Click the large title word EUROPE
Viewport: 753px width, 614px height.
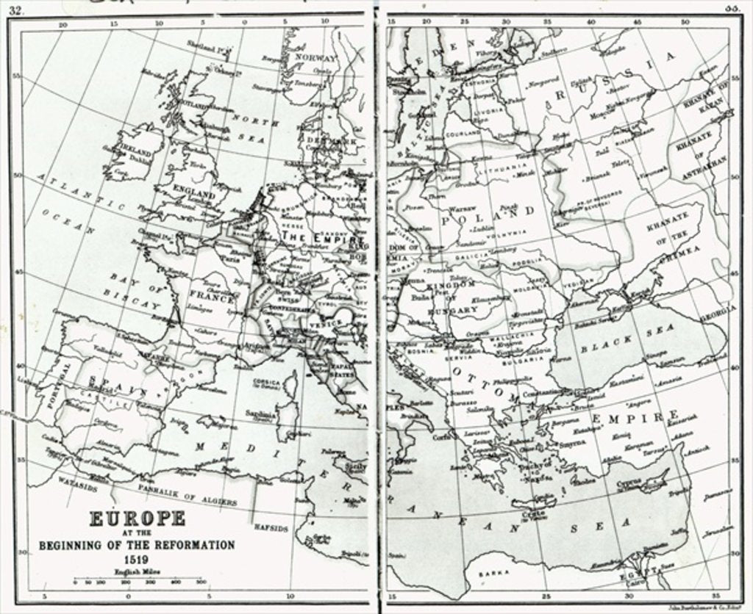[x=138, y=519]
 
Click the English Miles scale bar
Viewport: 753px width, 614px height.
[x=138, y=582]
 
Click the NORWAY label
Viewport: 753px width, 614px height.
[x=315, y=57]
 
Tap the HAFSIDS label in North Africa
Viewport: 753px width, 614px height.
[x=270, y=527]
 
